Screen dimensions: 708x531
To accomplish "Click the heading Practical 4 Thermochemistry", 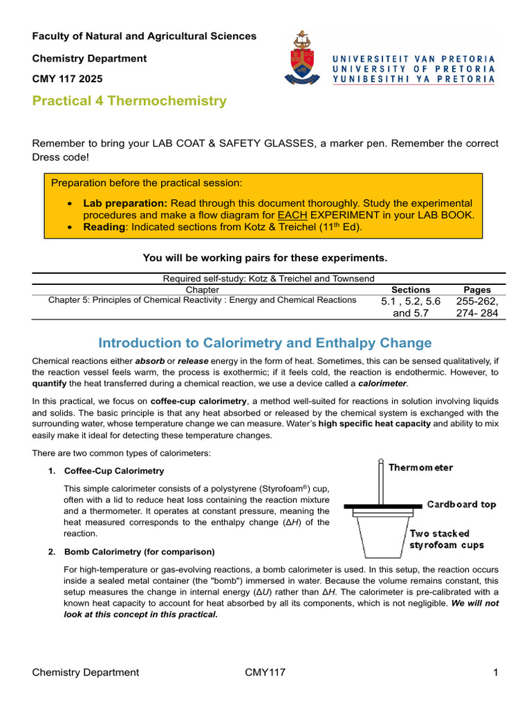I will coord(129,101).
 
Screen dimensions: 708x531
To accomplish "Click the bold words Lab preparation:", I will coord(125,203).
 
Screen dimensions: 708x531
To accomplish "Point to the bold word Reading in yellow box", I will coord(104,227).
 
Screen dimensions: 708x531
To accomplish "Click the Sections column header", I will coord(410,290).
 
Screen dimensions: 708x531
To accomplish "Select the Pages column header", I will coord(477,290).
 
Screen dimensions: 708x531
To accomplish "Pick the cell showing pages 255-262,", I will coord(477,301).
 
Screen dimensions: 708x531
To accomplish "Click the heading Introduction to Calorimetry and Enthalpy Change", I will coord(265,343).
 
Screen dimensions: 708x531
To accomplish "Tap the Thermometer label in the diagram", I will coord(420,467).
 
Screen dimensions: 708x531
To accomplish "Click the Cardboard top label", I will coord(461,504).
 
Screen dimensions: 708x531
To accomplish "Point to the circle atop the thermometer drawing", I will coord(380,461).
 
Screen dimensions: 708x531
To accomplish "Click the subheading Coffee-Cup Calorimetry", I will coord(114,471).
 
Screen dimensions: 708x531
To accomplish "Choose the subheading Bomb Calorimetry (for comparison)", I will coord(139,552).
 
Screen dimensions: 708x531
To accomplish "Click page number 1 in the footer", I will coord(496,672).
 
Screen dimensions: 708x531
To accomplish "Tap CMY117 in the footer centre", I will coord(265,672).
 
